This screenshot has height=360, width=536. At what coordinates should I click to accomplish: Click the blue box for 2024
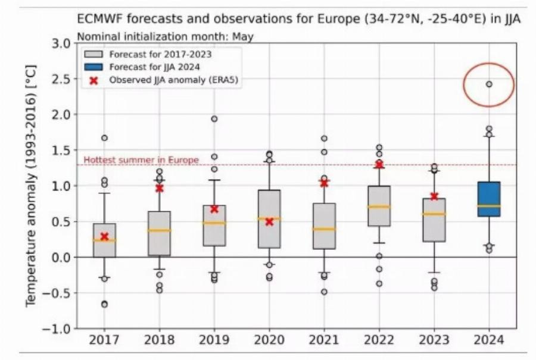coord(488,199)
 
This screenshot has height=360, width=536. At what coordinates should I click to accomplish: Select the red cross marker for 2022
coord(379,164)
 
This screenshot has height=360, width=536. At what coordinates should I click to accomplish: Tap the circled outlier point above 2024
coord(489,84)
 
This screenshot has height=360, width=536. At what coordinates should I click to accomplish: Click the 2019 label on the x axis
coord(214,340)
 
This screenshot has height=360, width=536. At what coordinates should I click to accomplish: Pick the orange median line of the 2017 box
coord(104,240)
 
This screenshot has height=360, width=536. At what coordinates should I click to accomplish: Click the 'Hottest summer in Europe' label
coord(141,160)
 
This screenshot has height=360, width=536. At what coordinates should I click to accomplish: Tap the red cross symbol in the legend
coord(94,80)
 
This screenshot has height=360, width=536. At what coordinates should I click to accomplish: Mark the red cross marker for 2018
coord(159,188)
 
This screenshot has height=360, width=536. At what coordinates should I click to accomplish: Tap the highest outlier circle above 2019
coord(214,119)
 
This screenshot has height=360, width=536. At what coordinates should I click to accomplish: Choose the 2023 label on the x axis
coord(434,340)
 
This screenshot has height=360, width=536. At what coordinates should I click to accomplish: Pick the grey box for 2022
coord(379,205)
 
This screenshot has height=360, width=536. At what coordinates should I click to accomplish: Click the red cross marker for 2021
coord(324,183)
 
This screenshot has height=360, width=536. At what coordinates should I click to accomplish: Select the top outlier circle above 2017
coord(104,138)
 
